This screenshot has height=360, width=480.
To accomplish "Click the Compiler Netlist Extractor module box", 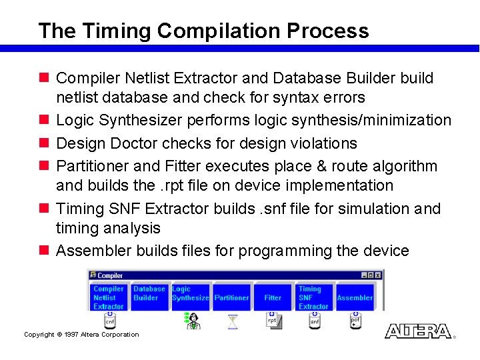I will click(x=109, y=297).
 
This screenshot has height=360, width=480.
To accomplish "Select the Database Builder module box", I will click(x=149, y=297).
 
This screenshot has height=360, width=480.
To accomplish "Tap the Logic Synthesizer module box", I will click(x=190, y=297).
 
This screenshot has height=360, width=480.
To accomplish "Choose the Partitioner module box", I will click(x=231, y=297).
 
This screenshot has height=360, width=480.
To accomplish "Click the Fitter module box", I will click(x=273, y=297).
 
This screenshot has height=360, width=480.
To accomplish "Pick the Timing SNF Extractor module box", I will click(x=313, y=297).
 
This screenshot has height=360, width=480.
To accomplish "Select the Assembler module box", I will click(x=355, y=297).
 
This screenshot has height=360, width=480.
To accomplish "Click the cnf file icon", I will click(x=110, y=321).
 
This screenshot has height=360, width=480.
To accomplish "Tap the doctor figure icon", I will click(x=191, y=321).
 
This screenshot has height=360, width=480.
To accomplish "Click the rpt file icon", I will click(x=274, y=321).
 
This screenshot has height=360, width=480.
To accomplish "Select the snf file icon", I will click(x=315, y=321).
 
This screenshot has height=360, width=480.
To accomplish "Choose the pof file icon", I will click(x=356, y=321).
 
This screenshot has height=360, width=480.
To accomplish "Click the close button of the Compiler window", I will click(x=379, y=275).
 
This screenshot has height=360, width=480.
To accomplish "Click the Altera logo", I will click(x=418, y=331).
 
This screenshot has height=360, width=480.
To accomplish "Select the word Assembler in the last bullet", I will click(x=93, y=251).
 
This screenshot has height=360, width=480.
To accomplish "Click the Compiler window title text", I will click(x=110, y=275).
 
